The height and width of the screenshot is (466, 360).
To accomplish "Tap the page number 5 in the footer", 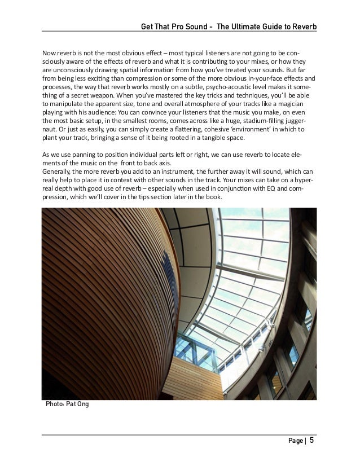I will [311, 441].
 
